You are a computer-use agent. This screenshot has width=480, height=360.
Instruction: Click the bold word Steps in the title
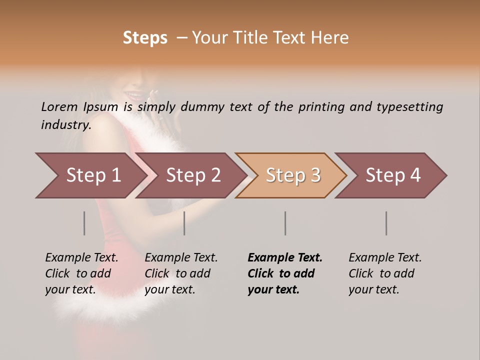tap(145, 38)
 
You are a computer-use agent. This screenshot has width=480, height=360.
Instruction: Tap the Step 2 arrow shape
tap(192, 175)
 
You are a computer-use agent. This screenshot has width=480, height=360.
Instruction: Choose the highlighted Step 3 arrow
tap(292, 175)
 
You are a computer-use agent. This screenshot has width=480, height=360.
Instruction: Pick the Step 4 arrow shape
tap(392, 175)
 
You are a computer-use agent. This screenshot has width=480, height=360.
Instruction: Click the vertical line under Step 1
tap(84, 223)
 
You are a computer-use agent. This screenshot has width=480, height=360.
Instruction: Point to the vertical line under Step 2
tap(184, 223)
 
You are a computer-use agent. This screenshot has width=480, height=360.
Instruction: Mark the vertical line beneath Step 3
tap(285, 223)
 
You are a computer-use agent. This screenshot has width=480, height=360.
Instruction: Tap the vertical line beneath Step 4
tap(386, 223)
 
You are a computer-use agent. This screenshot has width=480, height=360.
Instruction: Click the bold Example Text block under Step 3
tap(284, 273)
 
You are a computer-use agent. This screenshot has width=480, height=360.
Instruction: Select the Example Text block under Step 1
tap(81, 273)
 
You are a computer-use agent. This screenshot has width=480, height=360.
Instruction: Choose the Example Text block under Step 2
tap(181, 273)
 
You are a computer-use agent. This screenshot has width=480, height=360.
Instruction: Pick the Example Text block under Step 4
tap(385, 273)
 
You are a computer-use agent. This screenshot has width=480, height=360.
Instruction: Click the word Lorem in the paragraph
tap(59, 107)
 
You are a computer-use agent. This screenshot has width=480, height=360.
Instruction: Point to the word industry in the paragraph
tap(66, 125)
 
